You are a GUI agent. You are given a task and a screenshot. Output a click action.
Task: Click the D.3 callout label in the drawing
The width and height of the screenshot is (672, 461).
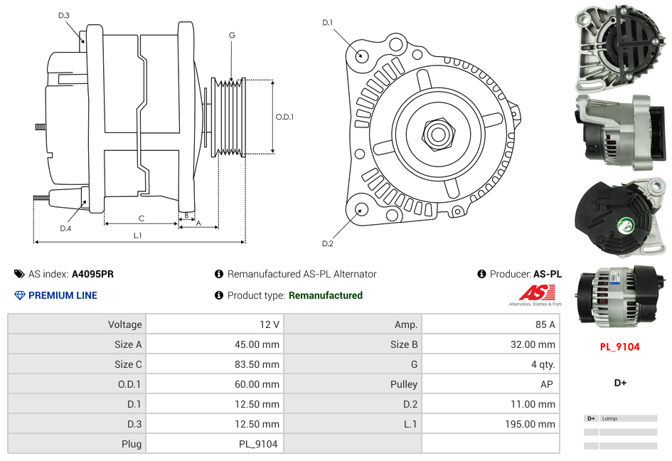(x=63, y=15)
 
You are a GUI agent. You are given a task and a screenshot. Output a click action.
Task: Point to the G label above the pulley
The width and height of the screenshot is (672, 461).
(x=232, y=35)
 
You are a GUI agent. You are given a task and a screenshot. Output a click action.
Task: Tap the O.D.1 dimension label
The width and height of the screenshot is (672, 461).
(x=284, y=117)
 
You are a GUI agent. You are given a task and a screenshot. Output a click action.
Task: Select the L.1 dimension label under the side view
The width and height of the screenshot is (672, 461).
(x=137, y=235)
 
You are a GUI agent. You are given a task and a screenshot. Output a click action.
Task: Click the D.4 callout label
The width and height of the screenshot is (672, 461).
(x=65, y=228)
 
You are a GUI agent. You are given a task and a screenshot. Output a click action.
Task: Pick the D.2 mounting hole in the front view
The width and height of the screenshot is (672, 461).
(x=361, y=209)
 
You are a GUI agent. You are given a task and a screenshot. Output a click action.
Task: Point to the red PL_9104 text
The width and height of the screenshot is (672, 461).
(x=619, y=347)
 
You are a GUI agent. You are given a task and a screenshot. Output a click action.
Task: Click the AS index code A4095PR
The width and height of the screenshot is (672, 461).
(x=92, y=274)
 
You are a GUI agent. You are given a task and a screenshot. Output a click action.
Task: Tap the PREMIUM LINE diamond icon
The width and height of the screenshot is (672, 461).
(x=19, y=295)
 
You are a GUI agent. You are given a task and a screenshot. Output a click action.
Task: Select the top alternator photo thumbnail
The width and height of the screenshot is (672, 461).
(x=621, y=46)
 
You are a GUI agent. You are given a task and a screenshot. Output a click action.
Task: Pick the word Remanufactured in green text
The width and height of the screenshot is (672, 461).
(x=326, y=295)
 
